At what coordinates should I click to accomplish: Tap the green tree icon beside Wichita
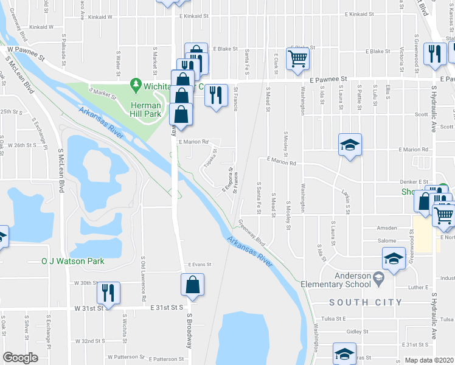(x=136, y=85)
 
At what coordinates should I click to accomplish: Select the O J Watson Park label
(x=72, y=261)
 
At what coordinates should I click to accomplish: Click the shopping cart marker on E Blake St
(x=298, y=59)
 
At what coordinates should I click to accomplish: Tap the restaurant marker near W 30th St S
(x=108, y=292)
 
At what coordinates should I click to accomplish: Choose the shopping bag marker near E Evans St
(x=192, y=285)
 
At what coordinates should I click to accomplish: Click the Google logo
(x=20, y=358)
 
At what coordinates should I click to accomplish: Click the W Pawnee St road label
(x=27, y=54)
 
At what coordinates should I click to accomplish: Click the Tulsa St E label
(x=333, y=318)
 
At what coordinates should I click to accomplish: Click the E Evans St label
(x=199, y=265)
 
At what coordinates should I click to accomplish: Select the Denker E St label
(x=415, y=181)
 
